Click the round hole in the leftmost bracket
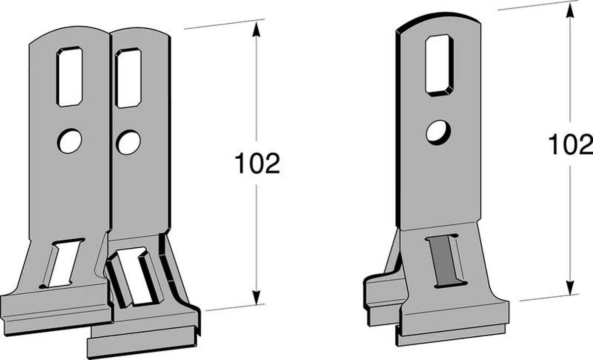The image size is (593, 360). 70,141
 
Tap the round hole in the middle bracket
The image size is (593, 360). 128,142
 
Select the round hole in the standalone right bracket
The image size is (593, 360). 438,133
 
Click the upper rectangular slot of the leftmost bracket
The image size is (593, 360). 70,77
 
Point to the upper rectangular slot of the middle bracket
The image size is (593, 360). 128,78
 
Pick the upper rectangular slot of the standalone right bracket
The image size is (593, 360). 439,65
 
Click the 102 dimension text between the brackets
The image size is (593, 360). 257,163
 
